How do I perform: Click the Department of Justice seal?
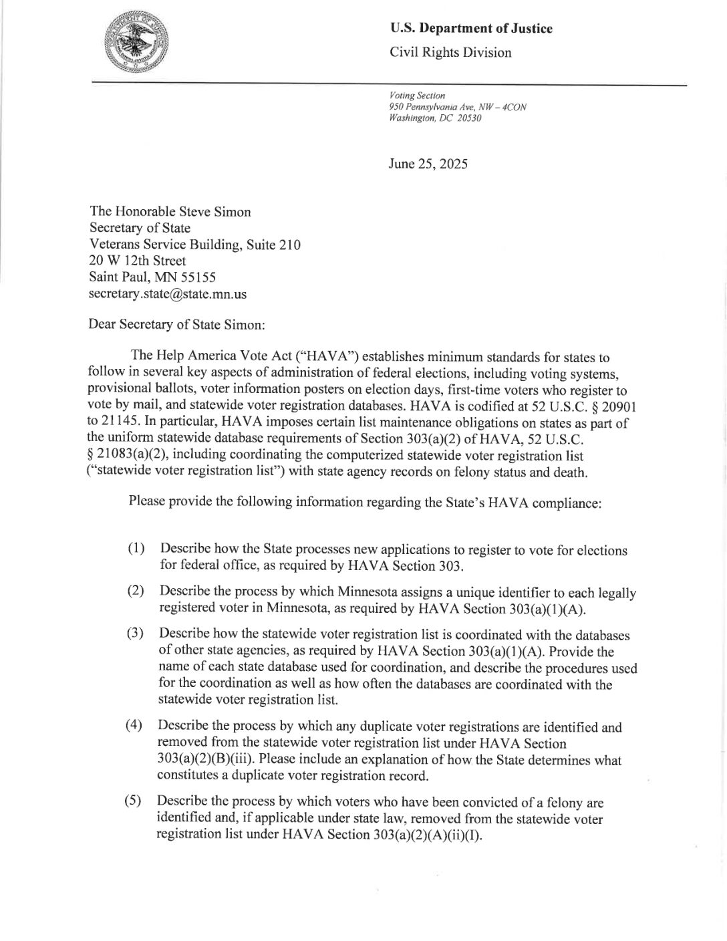[x=139, y=42]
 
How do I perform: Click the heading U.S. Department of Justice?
[x=471, y=28]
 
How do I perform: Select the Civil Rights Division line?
[x=450, y=53]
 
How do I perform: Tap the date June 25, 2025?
[x=428, y=164]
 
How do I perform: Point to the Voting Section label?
[x=416, y=96]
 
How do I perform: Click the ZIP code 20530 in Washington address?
[x=469, y=118]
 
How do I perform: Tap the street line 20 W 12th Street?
[x=138, y=261]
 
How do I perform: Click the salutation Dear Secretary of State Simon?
[x=178, y=325]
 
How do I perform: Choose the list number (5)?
[x=134, y=801]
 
